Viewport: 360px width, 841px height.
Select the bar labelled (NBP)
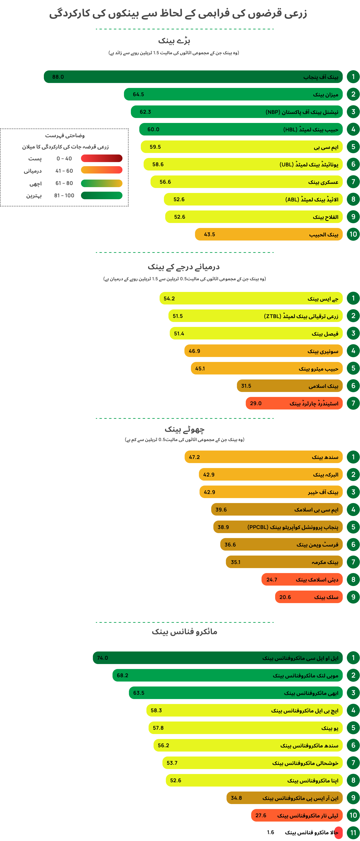pos(237,112)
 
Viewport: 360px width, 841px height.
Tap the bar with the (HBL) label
pos(241,129)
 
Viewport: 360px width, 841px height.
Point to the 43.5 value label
pos(209,234)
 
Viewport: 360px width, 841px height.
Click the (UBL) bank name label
pos(309,164)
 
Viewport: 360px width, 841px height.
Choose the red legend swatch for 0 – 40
pos(101,158)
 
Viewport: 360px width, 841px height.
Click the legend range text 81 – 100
pos(64,196)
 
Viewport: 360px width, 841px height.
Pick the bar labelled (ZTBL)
pos(255,316)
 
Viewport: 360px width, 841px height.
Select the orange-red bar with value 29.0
pos(294,403)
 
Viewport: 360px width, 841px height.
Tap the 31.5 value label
pos(246,386)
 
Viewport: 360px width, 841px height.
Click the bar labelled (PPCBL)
pos(278,527)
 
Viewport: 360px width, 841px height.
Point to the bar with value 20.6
pos(309,597)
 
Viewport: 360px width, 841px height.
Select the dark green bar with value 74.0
pos(218,658)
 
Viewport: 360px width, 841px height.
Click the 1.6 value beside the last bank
pos(271,832)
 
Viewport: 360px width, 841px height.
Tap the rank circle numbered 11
pos(353,833)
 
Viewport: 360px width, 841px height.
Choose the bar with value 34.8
pos(285,798)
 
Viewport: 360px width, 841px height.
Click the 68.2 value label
pos(122,675)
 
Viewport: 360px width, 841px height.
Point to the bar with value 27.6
pos(297,815)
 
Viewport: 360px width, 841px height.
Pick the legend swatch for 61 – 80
pos(101,183)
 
